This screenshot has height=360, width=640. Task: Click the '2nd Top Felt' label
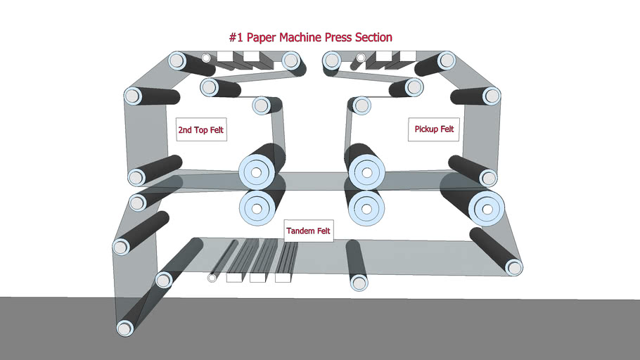[201, 130]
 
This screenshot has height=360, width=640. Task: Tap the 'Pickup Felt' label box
[434, 129]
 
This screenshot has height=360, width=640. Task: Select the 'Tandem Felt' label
[308, 231]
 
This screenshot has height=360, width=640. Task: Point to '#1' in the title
[236, 37]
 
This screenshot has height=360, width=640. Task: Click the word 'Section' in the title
[371, 37]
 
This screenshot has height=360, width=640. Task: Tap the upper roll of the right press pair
[364, 171]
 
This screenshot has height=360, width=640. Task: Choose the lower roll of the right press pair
[364, 208]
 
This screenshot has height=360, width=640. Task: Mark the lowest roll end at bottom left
[125, 328]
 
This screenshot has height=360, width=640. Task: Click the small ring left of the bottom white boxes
[212, 278]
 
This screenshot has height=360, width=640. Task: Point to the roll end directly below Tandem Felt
[359, 283]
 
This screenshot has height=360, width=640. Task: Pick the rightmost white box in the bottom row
[283, 278]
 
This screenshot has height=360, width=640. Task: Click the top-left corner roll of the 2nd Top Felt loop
[176, 60]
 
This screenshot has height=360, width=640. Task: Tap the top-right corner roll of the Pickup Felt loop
[445, 61]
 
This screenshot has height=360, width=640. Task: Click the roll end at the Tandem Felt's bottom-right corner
[514, 266]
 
